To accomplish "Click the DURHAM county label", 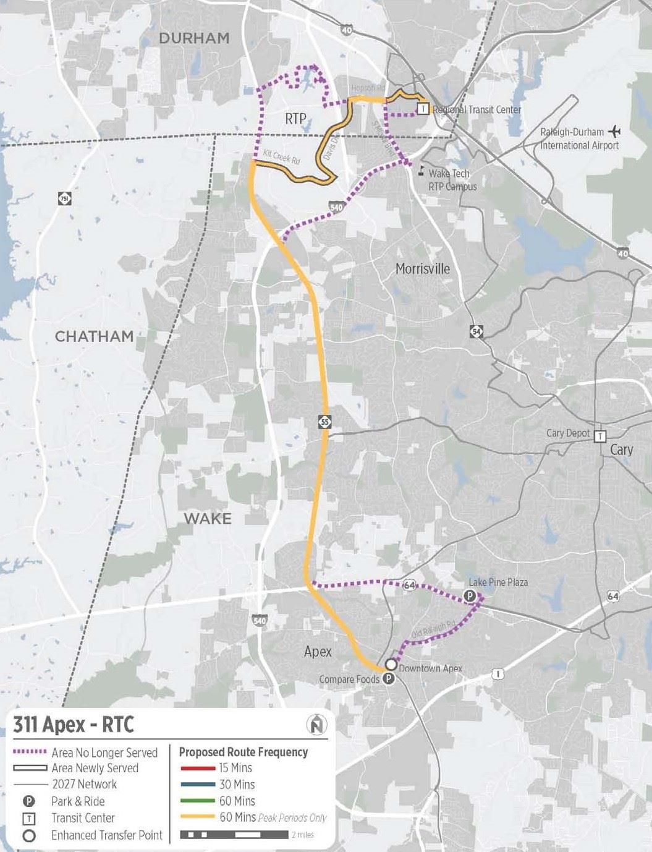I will (x=194, y=38).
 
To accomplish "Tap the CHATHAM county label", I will (x=95, y=336).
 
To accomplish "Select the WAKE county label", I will (x=208, y=518).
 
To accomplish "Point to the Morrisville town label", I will (x=423, y=269).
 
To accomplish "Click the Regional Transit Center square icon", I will (x=423, y=109).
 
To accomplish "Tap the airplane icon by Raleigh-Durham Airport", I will (x=614, y=131).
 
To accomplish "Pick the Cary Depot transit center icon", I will (x=599, y=437).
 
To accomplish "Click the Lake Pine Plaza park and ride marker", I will (x=470, y=596).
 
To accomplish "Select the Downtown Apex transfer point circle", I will (x=391, y=665).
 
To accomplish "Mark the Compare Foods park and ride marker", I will (x=389, y=679).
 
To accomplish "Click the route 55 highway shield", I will (x=325, y=422).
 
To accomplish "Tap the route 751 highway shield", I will (x=65, y=198).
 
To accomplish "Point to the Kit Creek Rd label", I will (x=281, y=157).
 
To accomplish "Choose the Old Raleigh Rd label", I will (x=433, y=629).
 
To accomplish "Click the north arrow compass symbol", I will (x=317, y=724).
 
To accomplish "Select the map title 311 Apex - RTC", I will (x=74, y=724).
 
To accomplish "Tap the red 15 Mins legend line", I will (x=198, y=769).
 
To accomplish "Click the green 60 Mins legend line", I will (x=198, y=801).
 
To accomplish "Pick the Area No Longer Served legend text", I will (x=104, y=752).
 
